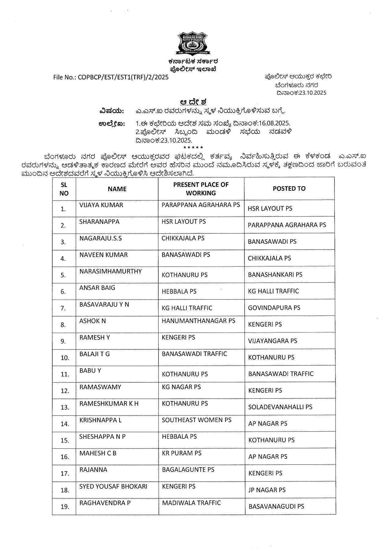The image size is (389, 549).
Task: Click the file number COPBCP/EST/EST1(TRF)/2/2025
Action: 111,77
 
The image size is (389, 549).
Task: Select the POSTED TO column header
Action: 289,188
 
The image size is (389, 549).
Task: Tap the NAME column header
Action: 117,189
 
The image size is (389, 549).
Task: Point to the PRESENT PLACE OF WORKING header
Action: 201,189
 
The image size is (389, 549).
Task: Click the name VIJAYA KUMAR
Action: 101,205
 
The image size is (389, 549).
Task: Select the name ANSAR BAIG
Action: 97,288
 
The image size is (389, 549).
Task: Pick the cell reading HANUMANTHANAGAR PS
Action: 198,321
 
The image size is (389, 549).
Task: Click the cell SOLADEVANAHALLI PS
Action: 280,407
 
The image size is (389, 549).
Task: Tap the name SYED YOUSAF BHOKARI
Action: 113,486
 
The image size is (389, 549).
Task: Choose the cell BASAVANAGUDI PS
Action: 276,506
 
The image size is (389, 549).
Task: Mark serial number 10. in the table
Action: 65,357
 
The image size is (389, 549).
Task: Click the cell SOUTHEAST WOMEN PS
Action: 196,420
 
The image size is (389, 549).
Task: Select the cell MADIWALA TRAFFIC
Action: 191,503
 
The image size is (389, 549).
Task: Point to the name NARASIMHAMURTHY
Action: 111,271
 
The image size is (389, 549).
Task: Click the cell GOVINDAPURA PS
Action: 274,308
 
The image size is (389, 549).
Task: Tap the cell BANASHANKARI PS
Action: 275,274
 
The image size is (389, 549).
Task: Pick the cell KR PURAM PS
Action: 182,453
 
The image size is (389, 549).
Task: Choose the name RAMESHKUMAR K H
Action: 109,404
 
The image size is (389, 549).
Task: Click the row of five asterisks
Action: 193,148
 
